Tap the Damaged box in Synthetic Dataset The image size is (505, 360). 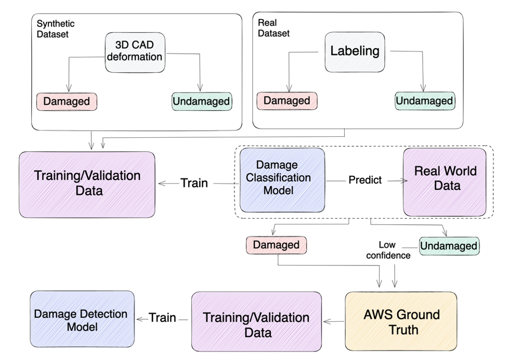pyautogui.click(x=66, y=101)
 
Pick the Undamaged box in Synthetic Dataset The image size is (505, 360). pyautogui.click(x=201, y=101)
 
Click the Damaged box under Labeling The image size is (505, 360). pyautogui.click(x=287, y=100)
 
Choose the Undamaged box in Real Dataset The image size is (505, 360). pyautogui.click(x=425, y=101)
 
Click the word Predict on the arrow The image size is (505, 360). pyautogui.click(x=365, y=179)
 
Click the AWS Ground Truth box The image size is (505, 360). pyautogui.click(x=401, y=322)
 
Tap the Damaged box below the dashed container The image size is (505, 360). pyautogui.click(x=276, y=245)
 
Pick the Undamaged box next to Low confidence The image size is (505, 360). pyautogui.click(x=449, y=246)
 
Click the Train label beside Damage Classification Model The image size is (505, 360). pyautogui.click(x=194, y=183)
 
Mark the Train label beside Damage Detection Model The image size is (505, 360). pyautogui.click(x=162, y=318)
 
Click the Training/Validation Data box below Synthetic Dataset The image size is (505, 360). pyautogui.click(x=87, y=183)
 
